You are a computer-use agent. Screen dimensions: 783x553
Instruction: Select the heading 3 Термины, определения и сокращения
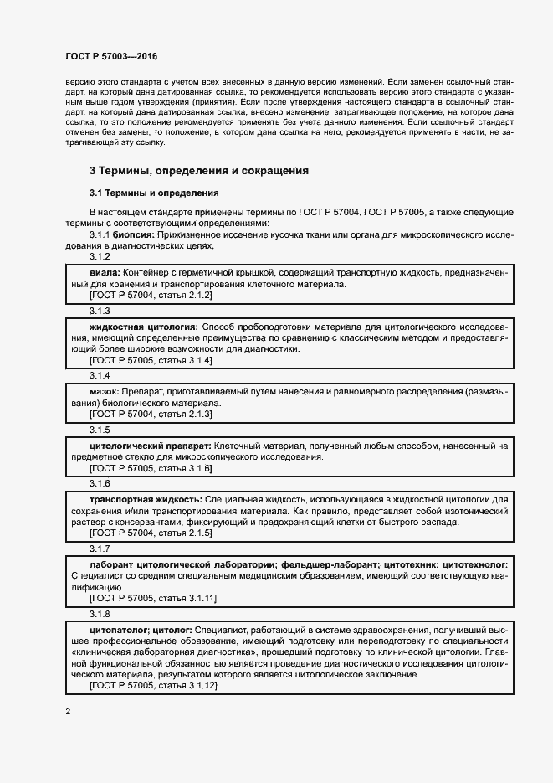click(199, 171)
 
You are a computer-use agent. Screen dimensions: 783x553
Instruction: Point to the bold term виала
click(105, 274)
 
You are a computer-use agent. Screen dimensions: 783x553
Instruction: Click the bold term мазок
click(104, 391)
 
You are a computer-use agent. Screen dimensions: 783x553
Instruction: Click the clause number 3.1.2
click(100, 256)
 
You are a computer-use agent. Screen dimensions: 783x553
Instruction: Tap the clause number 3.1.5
click(100, 430)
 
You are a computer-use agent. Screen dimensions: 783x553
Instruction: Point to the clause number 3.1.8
click(100, 614)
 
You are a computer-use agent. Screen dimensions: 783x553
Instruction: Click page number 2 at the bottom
click(68, 712)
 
